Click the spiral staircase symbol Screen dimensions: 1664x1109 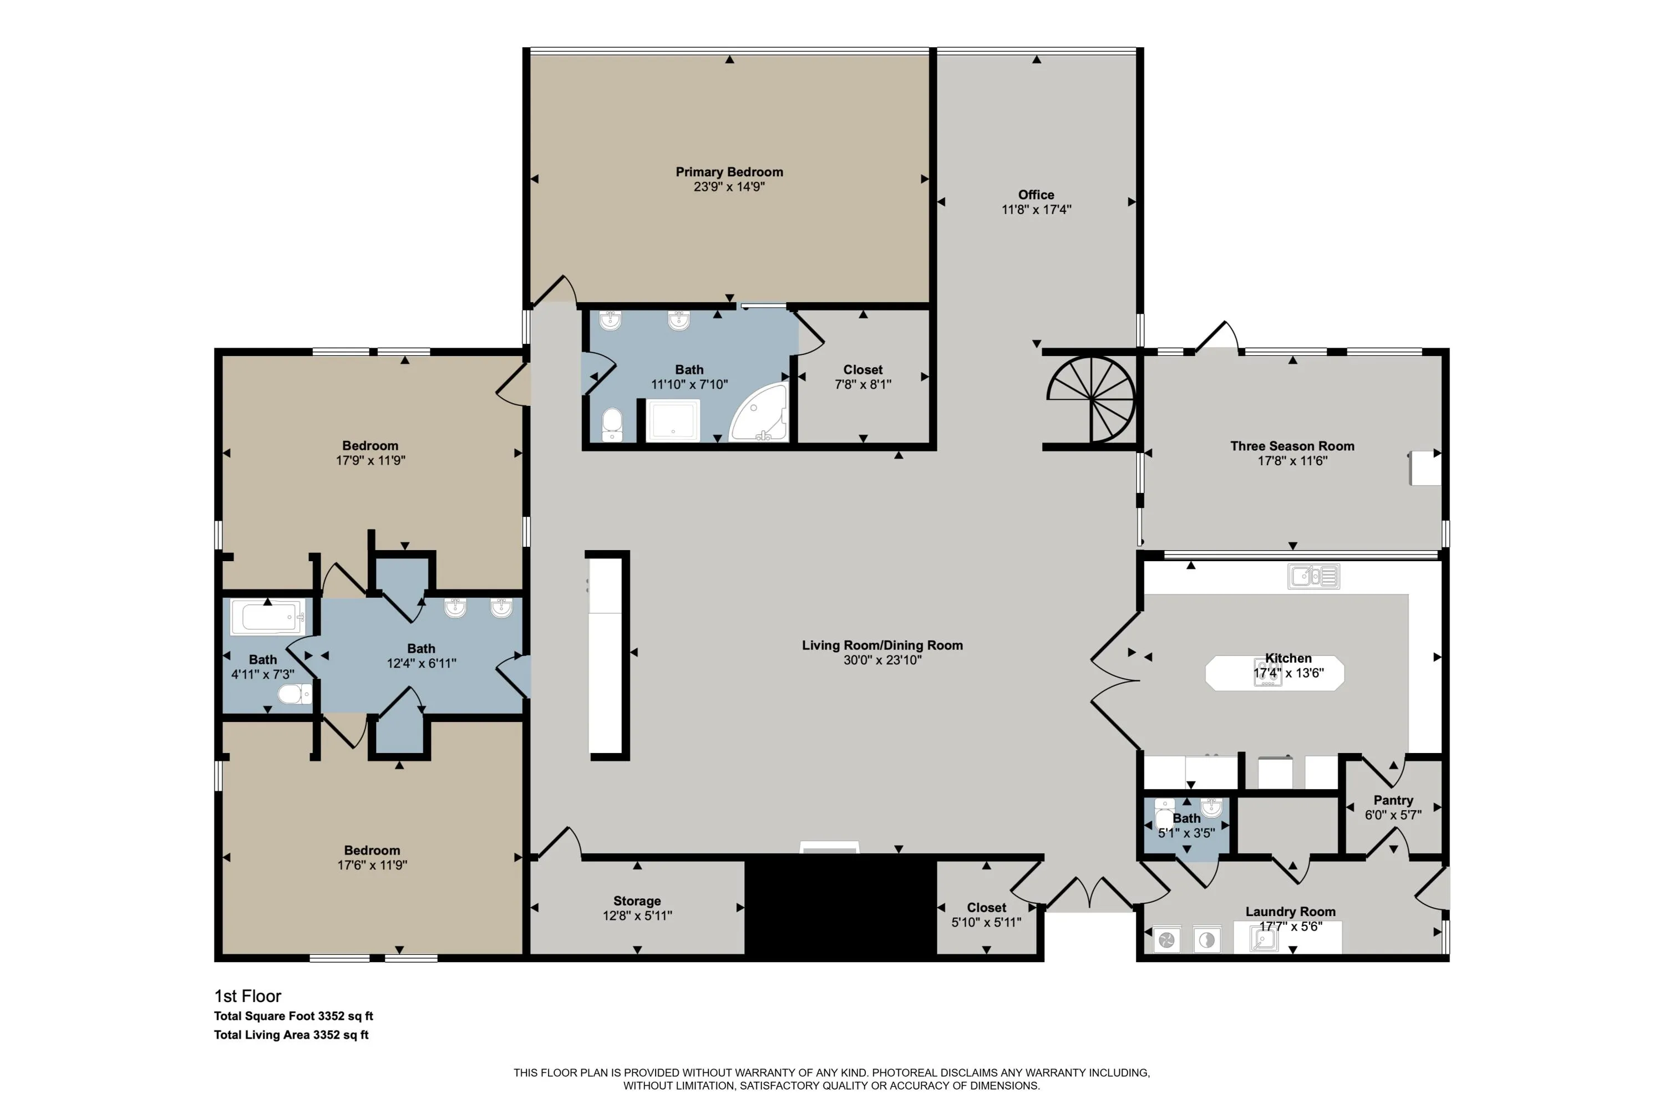pos(1091,400)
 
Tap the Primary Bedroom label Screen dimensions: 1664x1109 pos(729,172)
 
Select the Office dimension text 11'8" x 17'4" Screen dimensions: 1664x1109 pos(1037,210)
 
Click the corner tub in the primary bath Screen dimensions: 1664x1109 pos(758,413)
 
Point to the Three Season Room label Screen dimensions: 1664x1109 pos(1292,446)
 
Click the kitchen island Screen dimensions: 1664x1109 pos(1274,673)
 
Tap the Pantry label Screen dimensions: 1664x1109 pos(1393,800)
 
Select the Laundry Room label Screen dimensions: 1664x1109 pos(1291,912)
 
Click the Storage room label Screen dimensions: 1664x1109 pos(637,901)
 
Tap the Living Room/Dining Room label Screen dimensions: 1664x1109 pos(882,645)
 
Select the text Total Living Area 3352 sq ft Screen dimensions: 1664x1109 pos(292,1035)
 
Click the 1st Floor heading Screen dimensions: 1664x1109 pos(247,996)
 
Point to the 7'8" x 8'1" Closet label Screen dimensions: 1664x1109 pos(863,370)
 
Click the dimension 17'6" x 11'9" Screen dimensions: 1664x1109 pos(372,865)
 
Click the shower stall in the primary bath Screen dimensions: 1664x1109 pos(673,421)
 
